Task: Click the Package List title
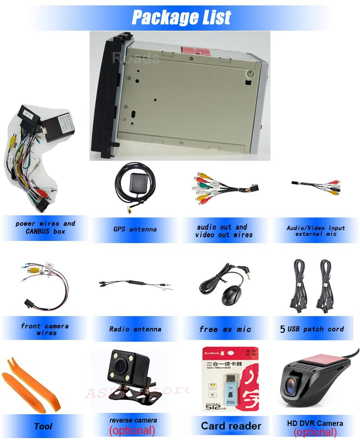pos(181,17)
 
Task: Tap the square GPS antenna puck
pos(135,180)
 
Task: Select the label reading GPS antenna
pos(135,229)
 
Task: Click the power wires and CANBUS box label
pos(45,228)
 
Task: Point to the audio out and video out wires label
pos(224,231)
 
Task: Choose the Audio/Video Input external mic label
pos(316,231)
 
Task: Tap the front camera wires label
pos(45,329)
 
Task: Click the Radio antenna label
pos(135,329)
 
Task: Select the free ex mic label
pos(225,329)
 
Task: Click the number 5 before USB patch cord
pos(282,329)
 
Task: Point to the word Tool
pos(43,426)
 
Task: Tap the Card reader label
pos(231,426)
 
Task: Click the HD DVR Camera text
pos(315,423)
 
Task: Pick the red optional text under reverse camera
pos(132,430)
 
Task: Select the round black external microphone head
pos(231,295)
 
